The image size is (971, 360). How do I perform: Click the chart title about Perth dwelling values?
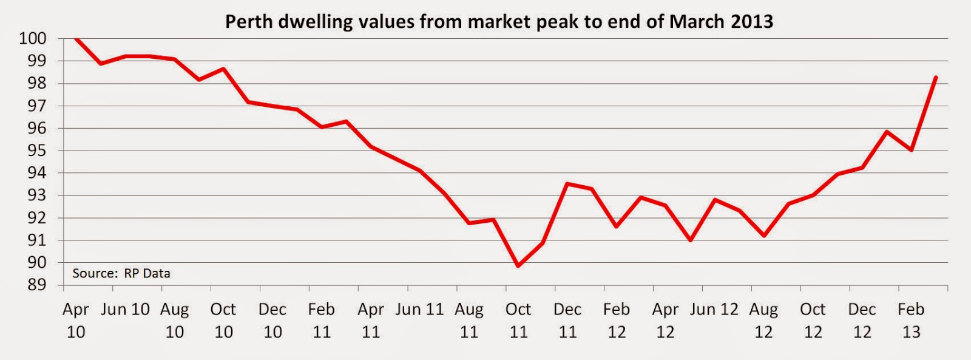[x=499, y=22]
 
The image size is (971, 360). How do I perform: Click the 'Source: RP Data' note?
[x=121, y=273]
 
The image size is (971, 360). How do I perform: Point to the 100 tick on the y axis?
[x=33, y=38]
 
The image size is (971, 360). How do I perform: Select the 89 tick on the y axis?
[x=36, y=285]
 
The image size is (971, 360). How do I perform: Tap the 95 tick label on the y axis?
[x=36, y=150]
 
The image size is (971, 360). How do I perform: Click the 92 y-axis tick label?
[x=36, y=217]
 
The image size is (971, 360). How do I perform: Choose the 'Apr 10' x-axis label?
[x=76, y=320]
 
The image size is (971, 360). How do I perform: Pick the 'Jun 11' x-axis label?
[x=419, y=309]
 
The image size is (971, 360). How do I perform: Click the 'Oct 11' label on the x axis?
[x=518, y=320]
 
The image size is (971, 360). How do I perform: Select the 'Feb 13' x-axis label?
[x=911, y=320]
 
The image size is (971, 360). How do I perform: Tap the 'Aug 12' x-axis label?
[x=763, y=320]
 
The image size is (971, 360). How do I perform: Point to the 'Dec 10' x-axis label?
[x=272, y=320]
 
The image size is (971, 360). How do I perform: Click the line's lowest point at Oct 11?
[x=518, y=265]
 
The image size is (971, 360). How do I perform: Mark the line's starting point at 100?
[x=76, y=38]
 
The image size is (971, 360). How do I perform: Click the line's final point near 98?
[x=936, y=77]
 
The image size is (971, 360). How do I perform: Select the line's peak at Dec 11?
[x=567, y=183]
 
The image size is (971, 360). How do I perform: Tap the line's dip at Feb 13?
[x=912, y=150]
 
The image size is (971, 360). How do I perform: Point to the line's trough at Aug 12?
[x=763, y=236]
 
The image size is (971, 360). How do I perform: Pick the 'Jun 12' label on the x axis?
[x=714, y=309]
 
